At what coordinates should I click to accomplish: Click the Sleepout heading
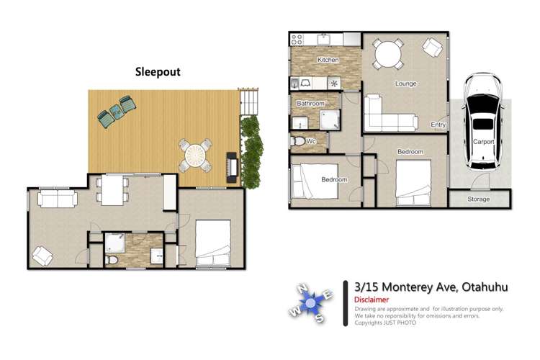158,72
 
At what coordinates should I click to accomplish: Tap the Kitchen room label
328,60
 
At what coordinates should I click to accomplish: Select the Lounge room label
405,84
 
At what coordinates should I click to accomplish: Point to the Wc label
311,141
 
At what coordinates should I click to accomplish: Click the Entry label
438,125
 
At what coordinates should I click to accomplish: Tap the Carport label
483,142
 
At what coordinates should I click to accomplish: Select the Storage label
479,199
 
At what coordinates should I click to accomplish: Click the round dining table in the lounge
389,53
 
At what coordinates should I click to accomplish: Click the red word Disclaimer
372,300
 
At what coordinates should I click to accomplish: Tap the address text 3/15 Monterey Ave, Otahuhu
431,287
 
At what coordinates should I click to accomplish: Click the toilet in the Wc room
297,141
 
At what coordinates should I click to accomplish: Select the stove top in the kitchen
297,40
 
